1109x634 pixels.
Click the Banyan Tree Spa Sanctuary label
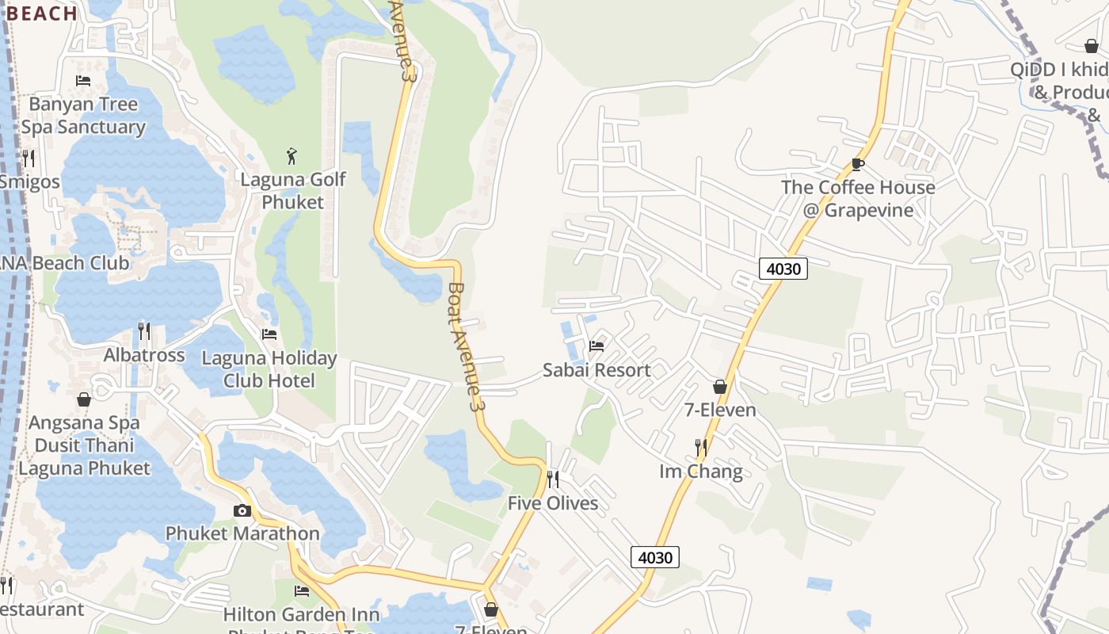[83, 116]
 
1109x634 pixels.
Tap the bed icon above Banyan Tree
[82, 80]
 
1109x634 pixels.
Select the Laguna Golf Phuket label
[293, 191]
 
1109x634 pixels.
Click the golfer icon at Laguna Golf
[292, 155]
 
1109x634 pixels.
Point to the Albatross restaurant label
[144, 355]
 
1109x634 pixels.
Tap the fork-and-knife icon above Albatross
[144, 330]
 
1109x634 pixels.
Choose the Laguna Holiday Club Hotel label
[269, 369]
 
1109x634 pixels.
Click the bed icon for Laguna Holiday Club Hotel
[269, 334]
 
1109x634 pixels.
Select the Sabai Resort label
[596, 370]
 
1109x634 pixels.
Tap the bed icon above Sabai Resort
[596, 346]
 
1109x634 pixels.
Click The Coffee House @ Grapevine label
[858, 199]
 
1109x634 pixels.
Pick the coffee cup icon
[857, 164]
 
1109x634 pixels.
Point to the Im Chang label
[701, 472]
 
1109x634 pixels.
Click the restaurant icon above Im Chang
[701, 448]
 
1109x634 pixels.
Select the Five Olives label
[553, 503]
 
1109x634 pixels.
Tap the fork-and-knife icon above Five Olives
[553, 479]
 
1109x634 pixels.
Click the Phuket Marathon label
[242, 533]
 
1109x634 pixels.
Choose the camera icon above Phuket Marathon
[242, 510]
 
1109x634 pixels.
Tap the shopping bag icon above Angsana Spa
[84, 399]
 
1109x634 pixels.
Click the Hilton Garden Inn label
[301, 615]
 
